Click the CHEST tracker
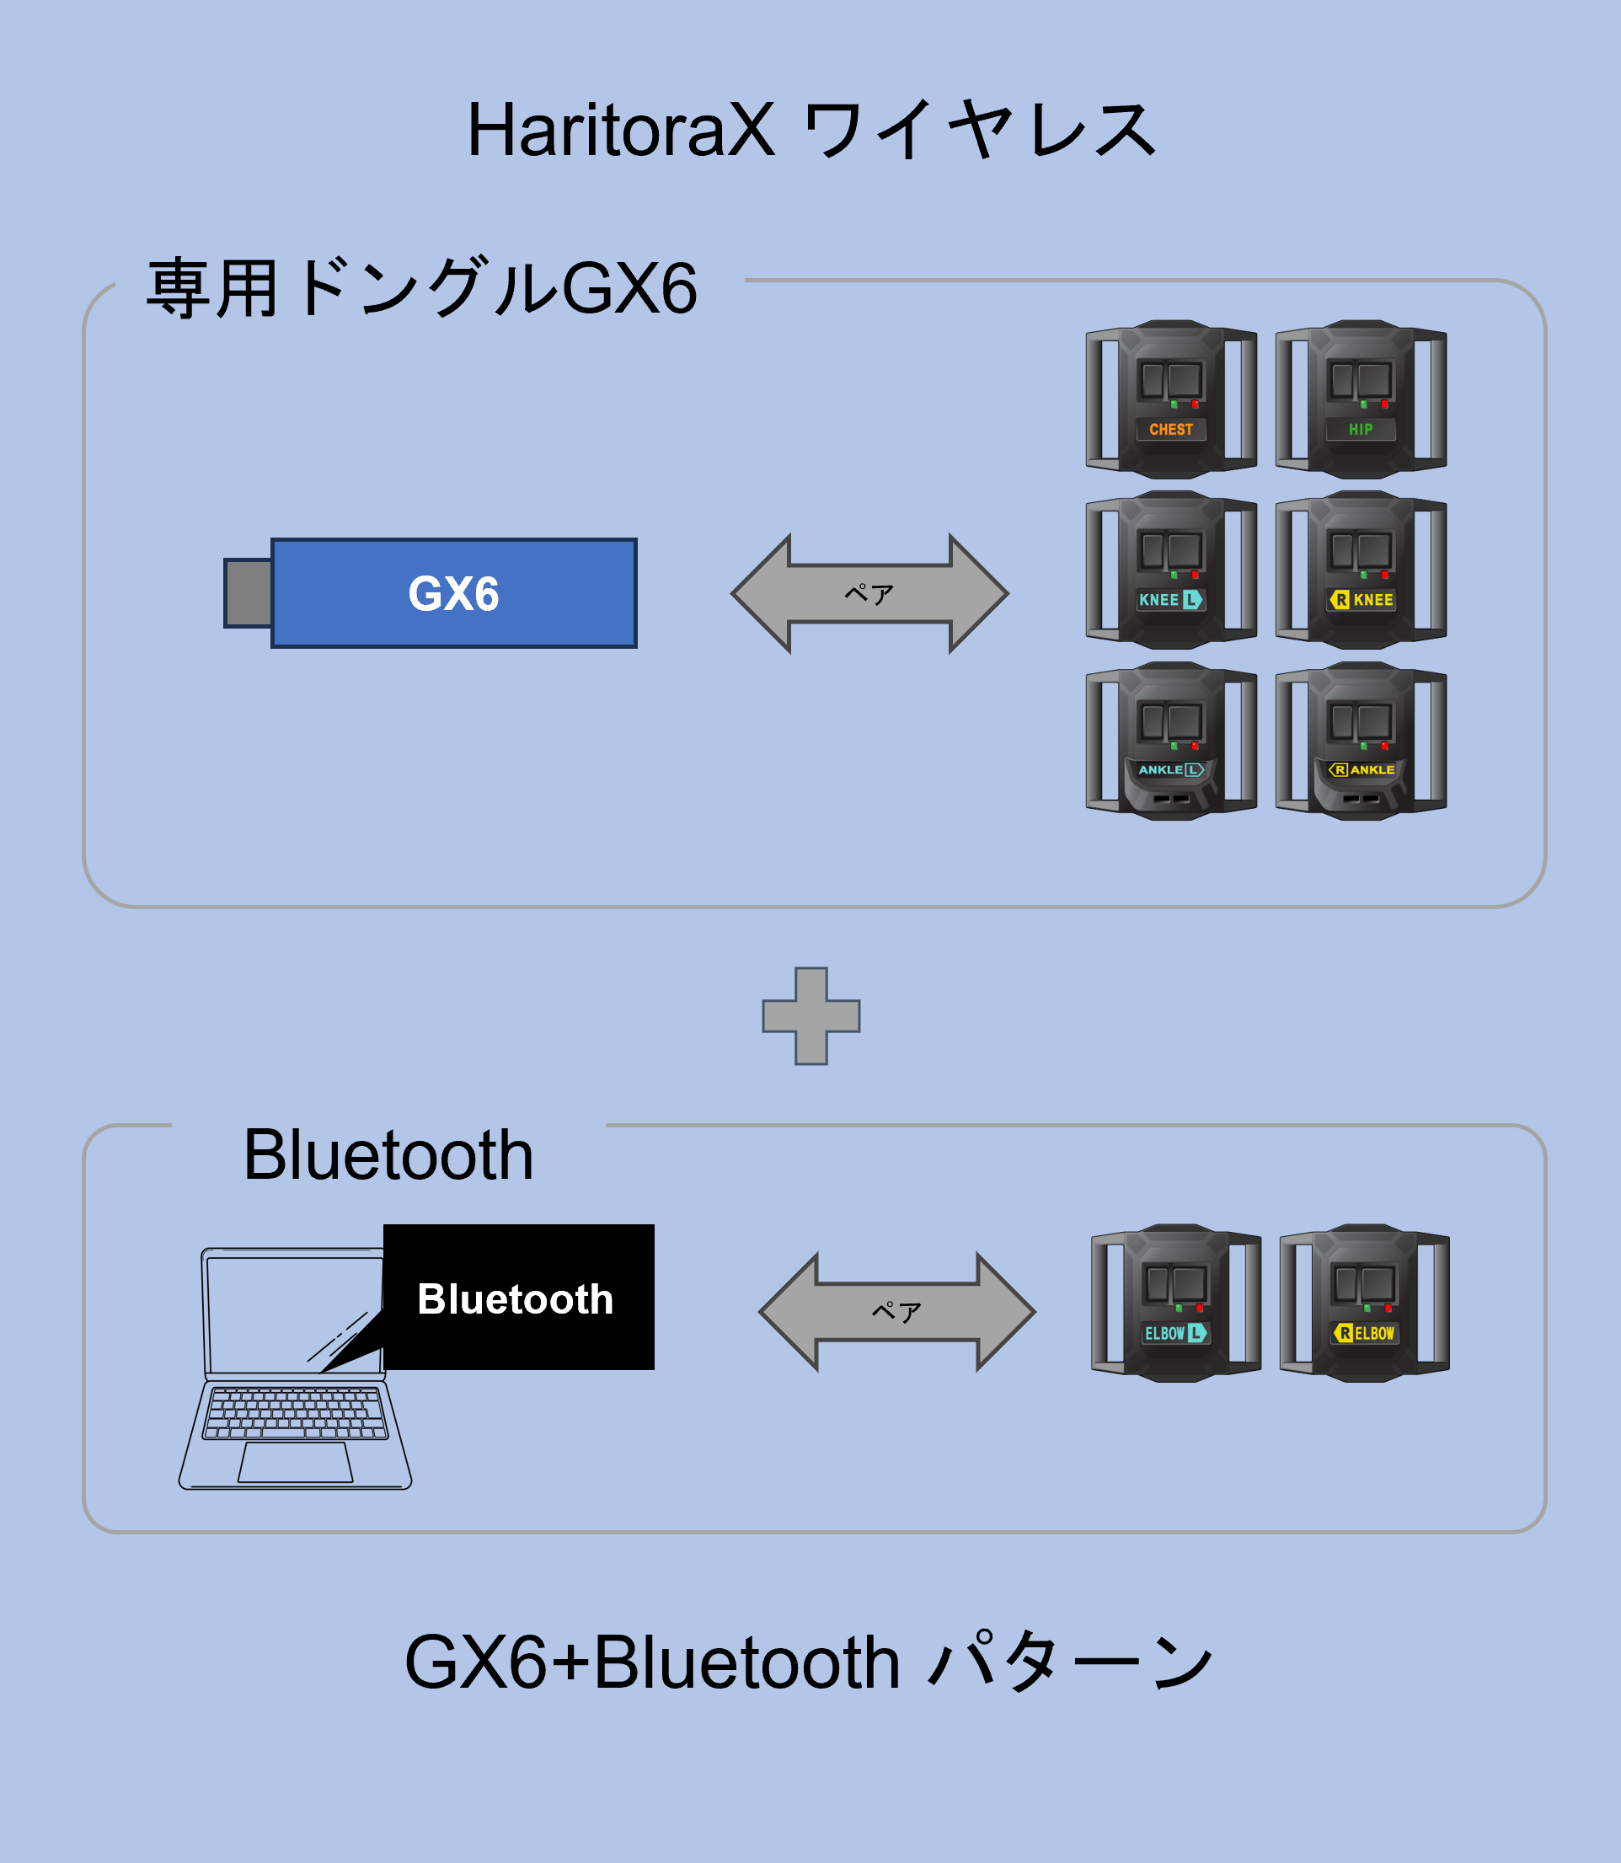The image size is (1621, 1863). pos(1170,399)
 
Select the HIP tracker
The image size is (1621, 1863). pos(1361,399)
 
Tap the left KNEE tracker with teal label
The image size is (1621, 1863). pos(1170,570)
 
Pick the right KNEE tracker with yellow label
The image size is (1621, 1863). pos(1361,570)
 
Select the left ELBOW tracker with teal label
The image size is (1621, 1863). pos(1176,1303)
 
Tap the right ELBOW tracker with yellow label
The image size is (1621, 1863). pos(1364,1303)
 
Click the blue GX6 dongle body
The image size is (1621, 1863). pos(454,593)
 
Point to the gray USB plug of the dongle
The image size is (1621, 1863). pos(249,593)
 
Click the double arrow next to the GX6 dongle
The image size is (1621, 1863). pos(869,593)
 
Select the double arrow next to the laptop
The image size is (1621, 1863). pos(896,1312)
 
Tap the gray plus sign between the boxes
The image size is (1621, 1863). pos(810,1016)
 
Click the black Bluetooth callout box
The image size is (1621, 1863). pos(518,1297)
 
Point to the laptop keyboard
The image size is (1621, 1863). pos(295,1412)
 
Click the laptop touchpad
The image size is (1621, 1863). pos(295,1462)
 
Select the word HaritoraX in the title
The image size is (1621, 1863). pos(621,131)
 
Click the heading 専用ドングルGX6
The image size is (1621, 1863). pos(421,289)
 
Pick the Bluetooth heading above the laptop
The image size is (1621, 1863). pos(388,1155)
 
